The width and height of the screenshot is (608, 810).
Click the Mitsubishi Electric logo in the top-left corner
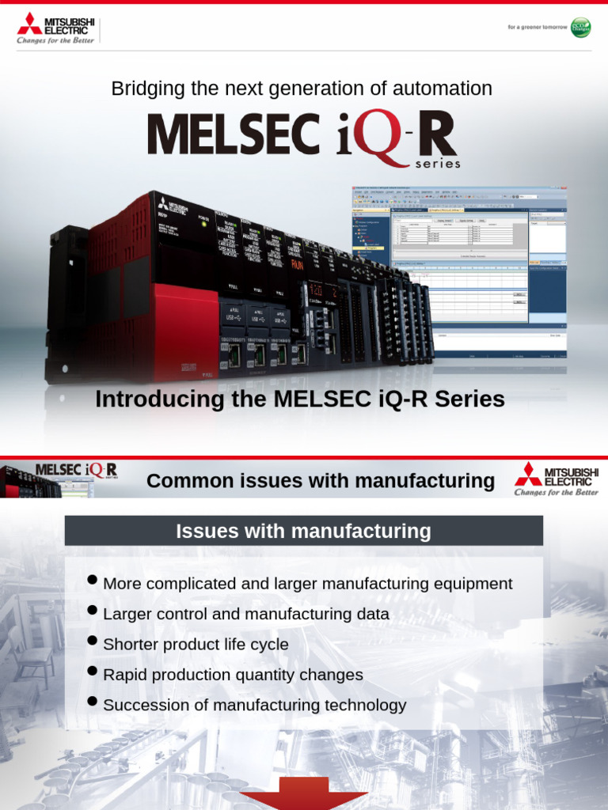tap(55, 28)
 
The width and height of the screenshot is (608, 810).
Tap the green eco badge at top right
tap(580, 26)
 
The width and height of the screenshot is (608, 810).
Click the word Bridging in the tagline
tap(140, 89)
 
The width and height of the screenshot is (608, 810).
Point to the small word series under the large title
tap(437, 165)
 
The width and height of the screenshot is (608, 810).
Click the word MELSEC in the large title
tap(233, 134)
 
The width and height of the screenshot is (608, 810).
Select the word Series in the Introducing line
tap(474, 399)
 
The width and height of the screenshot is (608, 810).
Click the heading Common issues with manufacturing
tap(321, 480)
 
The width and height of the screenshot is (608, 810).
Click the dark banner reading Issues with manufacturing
tap(303, 531)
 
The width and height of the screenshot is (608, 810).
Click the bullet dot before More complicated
tap(92, 581)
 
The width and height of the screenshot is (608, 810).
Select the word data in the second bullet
tap(371, 614)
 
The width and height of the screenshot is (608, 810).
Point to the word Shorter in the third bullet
tap(131, 645)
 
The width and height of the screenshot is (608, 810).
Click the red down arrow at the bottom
tap(303, 795)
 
